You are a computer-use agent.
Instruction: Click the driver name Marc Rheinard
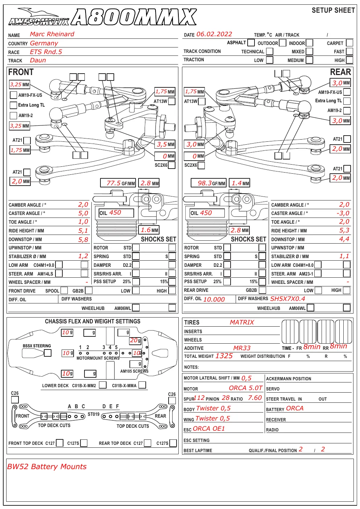[x=52, y=34]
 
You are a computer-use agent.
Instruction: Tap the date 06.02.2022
[x=214, y=34]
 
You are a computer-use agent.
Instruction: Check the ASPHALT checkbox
[x=251, y=42]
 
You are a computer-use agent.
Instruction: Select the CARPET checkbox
[x=349, y=43]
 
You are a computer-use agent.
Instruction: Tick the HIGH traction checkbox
[x=349, y=60]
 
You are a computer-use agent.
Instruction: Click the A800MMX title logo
[x=134, y=17]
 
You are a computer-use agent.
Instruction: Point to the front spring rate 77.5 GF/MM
[x=118, y=183]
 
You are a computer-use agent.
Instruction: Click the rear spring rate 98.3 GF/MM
[x=208, y=183]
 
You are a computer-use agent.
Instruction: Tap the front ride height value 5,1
[x=83, y=231]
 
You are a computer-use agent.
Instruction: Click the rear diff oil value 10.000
[x=214, y=299]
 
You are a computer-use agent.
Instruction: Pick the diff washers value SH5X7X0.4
[x=287, y=299]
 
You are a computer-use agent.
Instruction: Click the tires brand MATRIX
[x=242, y=322]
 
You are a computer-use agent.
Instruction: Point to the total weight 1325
[x=224, y=356]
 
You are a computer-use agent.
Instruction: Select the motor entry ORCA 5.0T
[x=245, y=388]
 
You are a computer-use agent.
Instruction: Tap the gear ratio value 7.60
[x=255, y=398]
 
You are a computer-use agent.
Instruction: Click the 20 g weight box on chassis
[x=135, y=340]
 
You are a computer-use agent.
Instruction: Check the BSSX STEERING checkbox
[x=47, y=353]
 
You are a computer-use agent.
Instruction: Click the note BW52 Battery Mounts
[x=47, y=467]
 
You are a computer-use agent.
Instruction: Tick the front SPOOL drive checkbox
[x=64, y=290]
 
